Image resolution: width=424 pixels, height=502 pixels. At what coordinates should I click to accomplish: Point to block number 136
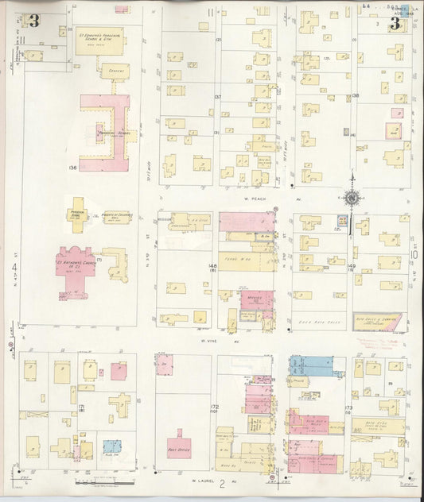[x=72, y=168]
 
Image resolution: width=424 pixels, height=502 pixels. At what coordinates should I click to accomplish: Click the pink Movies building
[x=256, y=304]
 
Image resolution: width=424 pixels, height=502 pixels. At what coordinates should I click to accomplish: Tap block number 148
[x=212, y=266]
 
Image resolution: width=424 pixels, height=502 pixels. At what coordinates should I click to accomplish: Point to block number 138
[x=356, y=97]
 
